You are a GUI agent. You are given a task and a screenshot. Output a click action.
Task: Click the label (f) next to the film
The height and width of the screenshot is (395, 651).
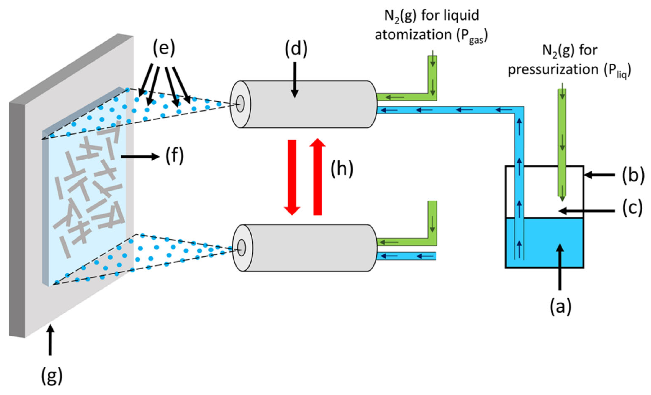click(x=174, y=157)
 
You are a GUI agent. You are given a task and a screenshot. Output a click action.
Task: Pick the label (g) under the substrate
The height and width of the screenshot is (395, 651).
click(x=52, y=376)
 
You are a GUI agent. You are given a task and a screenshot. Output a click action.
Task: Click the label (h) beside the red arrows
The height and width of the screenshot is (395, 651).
click(x=342, y=169)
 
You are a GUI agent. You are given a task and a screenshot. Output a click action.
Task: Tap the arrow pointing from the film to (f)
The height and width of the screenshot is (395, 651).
click(x=140, y=157)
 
